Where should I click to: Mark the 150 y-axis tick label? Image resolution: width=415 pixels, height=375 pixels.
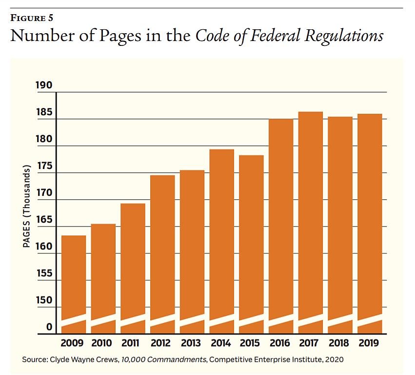point(44,300)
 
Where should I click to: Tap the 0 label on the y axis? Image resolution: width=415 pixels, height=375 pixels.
point(49,327)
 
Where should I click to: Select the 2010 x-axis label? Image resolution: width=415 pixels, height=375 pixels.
point(103,343)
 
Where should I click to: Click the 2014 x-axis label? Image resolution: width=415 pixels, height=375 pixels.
point(221,343)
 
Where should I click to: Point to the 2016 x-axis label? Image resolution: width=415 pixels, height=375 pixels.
point(281,343)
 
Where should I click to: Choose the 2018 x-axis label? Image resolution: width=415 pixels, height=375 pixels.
point(340,343)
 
